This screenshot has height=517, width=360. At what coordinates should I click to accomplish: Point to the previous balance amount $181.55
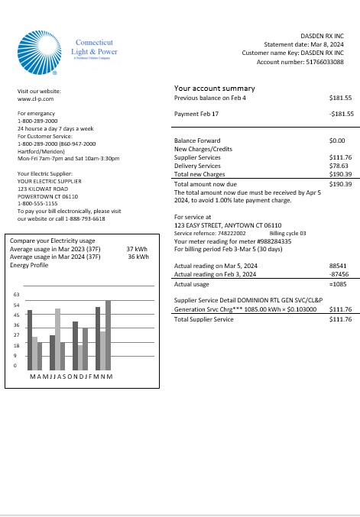click(x=340, y=99)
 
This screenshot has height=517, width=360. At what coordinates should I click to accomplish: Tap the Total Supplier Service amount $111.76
click(x=340, y=341)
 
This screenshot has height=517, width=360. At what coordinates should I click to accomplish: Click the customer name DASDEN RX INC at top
click(x=322, y=36)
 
